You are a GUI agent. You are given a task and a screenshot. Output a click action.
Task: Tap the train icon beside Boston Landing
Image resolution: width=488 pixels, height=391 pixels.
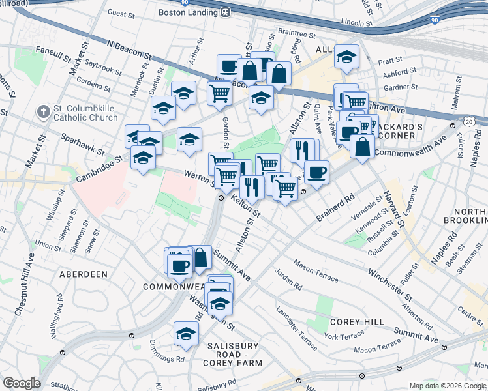click(x=226, y=12)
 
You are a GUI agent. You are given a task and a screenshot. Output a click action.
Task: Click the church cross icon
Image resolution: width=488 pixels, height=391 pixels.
click(x=44, y=112)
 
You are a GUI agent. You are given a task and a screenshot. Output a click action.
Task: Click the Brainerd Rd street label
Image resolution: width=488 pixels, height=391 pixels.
click(x=335, y=207)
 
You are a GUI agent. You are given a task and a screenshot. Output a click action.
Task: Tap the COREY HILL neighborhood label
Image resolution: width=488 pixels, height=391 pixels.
click(x=351, y=322)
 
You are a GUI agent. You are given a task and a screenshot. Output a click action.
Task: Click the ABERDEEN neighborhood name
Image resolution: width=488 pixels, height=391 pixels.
click(x=84, y=274)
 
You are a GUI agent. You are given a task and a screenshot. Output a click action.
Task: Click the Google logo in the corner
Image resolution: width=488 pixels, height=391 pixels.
click(x=22, y=383)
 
